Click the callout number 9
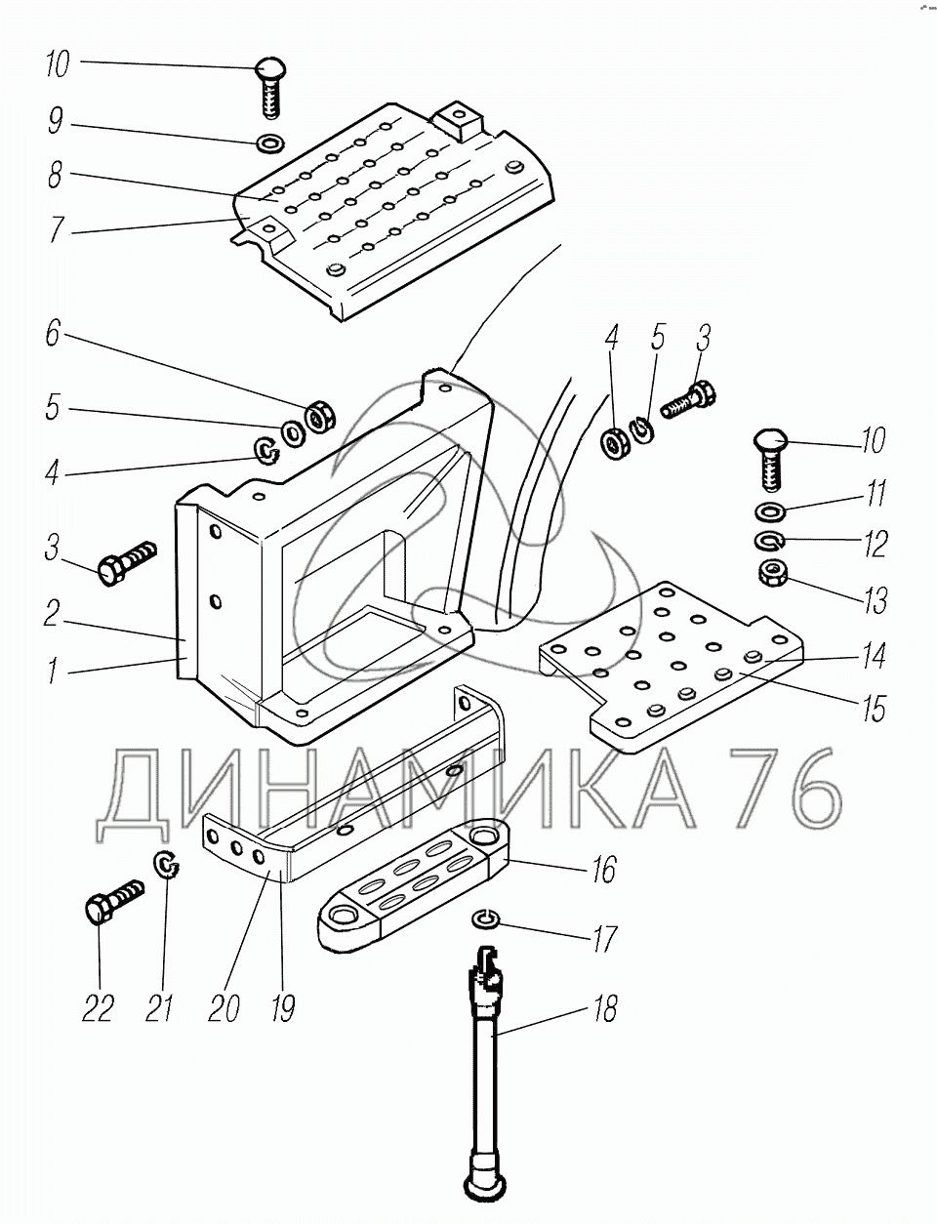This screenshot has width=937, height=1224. coord(56,121)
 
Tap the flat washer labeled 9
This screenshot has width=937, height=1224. coord(269,143)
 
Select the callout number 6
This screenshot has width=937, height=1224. coord(53,333)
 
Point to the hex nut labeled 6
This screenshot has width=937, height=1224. coord(320,418)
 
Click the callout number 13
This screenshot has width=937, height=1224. coord(876,599)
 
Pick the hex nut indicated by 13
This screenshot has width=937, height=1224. coord(772,573)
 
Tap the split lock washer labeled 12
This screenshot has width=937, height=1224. coord(769,541)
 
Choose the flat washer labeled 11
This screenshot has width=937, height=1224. coord(769,512)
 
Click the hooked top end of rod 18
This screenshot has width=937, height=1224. coord(488,959)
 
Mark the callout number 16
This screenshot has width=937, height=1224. coord(603,869)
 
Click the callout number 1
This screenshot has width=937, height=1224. coord(52,671)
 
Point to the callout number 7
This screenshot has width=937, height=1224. coord(55,229)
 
